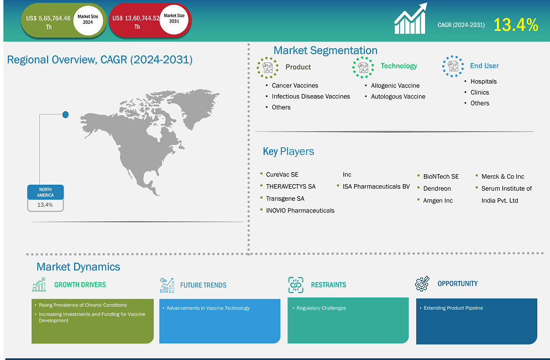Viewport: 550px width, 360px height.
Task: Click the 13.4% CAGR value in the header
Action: point(515,25)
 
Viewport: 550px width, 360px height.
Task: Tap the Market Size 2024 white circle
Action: point(88,20)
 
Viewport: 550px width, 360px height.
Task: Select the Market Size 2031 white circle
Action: point(174,19)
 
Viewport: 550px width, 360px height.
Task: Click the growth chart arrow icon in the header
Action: point(411,19)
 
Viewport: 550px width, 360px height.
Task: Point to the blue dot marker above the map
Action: point(65,114)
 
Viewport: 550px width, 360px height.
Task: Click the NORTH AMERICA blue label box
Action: point(45,192)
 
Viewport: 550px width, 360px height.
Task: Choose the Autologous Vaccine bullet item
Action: point(398,96)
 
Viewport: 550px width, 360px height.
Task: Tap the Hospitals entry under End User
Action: point(483,81)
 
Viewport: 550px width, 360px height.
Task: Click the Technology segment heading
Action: point(399,66)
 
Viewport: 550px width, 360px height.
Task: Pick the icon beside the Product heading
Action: point(268,67)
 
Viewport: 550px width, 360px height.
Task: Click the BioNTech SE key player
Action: point(441,176)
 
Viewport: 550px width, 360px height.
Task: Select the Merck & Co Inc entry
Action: point(502,176)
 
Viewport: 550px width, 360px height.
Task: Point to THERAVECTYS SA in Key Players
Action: point(290,186)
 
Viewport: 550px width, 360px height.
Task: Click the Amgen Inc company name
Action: point(438,201)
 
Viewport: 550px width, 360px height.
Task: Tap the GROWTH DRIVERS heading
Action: point(80,285)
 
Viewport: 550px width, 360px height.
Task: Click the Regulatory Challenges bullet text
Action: point(321,308)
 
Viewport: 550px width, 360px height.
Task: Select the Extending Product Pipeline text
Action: point(453,308)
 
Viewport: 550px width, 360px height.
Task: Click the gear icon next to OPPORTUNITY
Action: point(422,284)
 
